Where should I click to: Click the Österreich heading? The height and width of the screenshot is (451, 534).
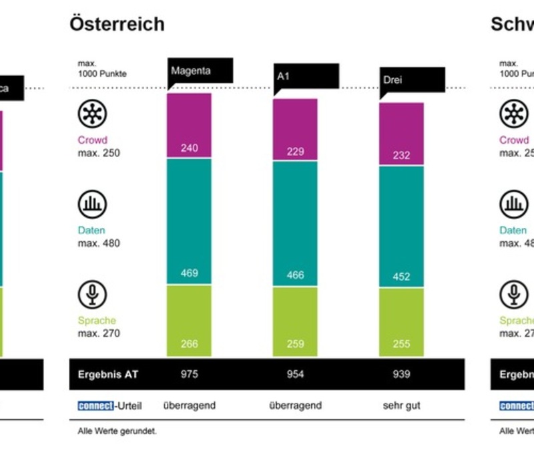coord(117,24)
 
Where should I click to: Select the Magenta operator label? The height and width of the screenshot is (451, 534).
coord(191,70)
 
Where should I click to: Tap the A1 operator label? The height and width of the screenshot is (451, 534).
coord(284,76)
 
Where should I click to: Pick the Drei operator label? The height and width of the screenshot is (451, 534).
coord(393,80)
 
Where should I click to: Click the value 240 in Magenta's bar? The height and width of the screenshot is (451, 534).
coord(189,148)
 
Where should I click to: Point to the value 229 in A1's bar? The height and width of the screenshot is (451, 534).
coord(295,152)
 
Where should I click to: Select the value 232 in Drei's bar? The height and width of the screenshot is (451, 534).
coord(401,155)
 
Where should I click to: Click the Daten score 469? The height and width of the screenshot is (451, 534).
coord(189,273)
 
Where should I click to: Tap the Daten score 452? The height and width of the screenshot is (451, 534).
coord(401,277)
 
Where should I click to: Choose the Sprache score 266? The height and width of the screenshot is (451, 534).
coord(189,344)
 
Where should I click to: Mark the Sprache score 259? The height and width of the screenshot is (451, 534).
coord(295,344)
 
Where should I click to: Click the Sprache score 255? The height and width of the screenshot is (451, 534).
coord(401,344)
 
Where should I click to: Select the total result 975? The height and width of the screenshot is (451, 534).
coord(189,374)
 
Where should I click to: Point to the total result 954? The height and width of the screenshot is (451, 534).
coord(295,374)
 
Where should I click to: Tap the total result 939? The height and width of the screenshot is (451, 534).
coord(401,374)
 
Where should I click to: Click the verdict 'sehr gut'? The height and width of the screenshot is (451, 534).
coord(401,405)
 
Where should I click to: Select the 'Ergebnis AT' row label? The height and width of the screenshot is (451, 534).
coord(105,374)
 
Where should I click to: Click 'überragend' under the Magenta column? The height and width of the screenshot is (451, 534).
coord(189,405)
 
